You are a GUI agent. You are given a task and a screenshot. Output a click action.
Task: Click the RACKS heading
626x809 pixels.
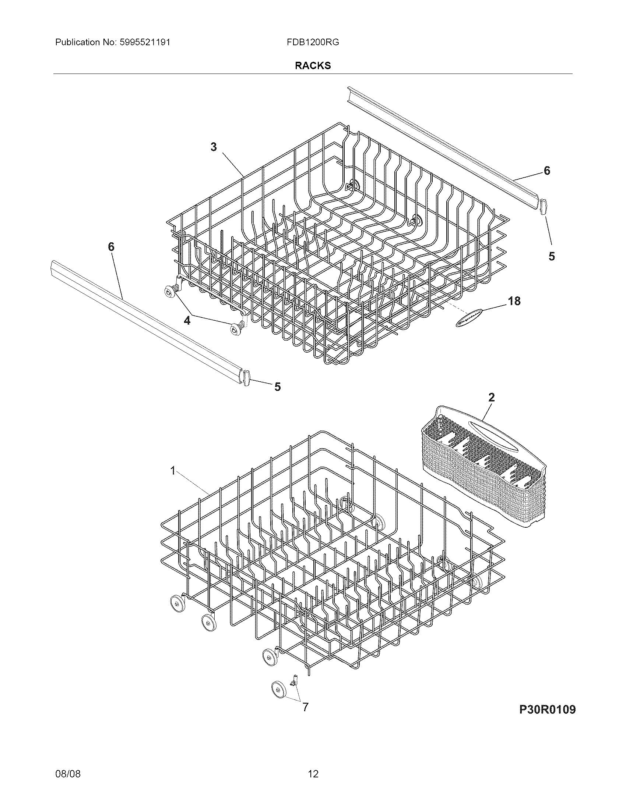[313, 65]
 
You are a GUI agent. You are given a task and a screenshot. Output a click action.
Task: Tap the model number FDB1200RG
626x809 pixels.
[313, 42]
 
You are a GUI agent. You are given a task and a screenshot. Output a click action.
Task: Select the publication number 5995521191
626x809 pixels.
[145, 42]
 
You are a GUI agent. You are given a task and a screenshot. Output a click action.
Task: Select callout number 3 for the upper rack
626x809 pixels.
[214, 147]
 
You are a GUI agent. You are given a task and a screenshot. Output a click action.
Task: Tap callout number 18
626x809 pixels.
[514, 301]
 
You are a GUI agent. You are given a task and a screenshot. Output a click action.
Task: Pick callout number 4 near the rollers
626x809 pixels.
[187, 320]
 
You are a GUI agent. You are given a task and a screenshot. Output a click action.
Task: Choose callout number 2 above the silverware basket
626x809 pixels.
[491, 398]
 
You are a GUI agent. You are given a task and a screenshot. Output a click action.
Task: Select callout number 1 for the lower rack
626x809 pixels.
[172, 470]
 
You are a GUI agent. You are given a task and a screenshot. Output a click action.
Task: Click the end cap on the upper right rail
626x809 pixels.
[544, 206]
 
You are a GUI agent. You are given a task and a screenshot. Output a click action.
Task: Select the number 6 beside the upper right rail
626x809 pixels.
[546, 170]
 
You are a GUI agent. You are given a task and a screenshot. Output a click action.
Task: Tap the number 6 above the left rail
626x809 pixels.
[111, 247]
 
